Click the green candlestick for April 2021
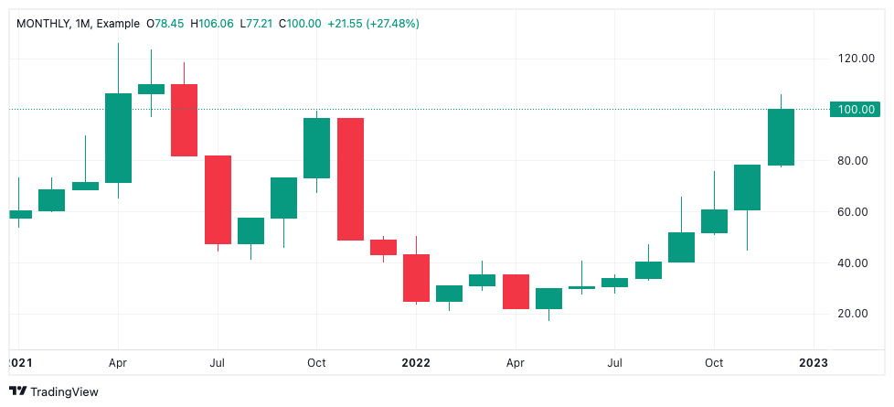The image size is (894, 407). point(118,137)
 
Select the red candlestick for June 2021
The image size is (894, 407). point(184,120)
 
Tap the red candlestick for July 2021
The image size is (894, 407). point(218,199)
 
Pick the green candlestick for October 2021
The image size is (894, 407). point(316,147)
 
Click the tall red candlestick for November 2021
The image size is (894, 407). point(350,178)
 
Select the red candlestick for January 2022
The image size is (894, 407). point(416,278)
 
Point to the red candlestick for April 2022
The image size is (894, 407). point(516,291)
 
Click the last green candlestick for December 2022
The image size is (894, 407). point(781,137)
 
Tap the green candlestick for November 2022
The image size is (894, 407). point(747,187)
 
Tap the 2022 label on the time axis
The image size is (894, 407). point(416,362)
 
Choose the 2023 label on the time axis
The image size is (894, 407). point(814,362)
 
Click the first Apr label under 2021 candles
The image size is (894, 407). point(118,362)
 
